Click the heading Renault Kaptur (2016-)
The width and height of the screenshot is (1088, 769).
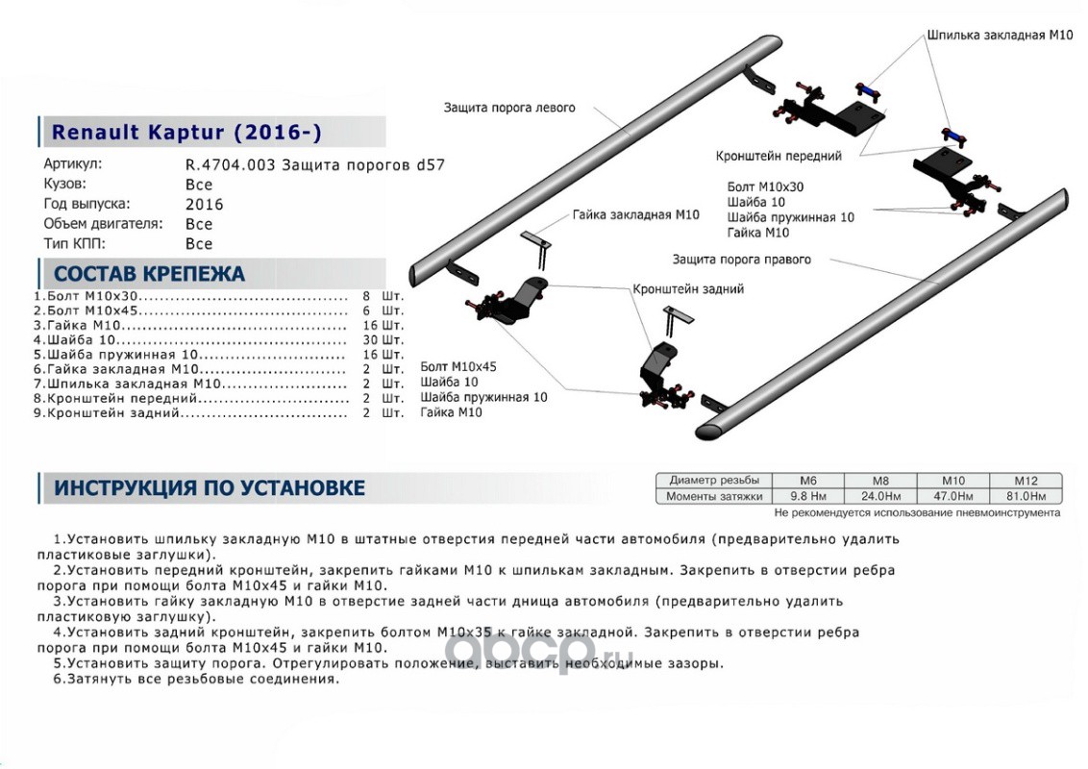pos(186,132)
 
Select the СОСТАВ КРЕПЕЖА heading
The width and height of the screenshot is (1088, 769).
pos(149,274)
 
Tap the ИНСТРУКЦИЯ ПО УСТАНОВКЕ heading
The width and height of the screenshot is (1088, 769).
pos(209,487)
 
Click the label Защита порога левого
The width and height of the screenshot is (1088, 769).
pos(509,108)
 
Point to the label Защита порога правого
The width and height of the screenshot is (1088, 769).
pos(741,260)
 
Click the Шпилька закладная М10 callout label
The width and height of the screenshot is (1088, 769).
pos(1000,35)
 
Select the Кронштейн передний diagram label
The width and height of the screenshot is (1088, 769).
pos(779,156)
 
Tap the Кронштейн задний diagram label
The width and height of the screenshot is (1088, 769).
pos(687,288)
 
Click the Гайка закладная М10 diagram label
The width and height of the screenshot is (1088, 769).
pos(635,215)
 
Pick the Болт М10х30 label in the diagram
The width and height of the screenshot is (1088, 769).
pos(765,188)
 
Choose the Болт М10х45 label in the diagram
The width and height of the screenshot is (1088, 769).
pos(458,367)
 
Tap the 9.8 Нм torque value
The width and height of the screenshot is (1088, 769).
pos(808,496)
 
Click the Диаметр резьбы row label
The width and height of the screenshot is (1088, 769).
pos(714,480)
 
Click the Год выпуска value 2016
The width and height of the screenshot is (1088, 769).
pos(204,205)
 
